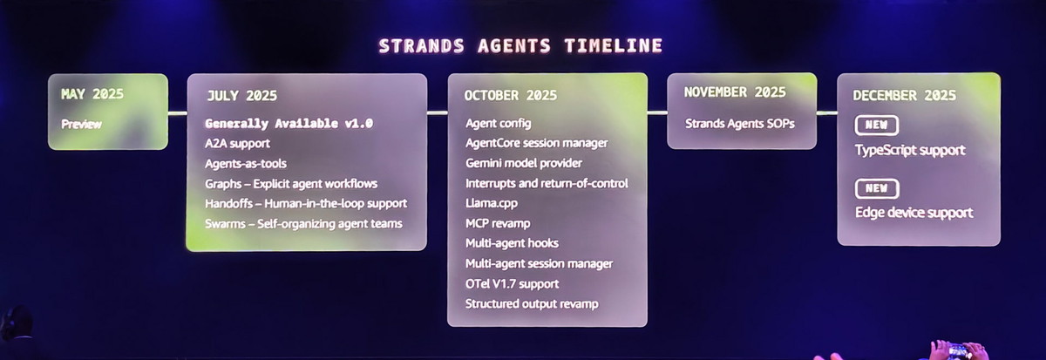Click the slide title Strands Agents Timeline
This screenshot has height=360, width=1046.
click(x=520, y=46)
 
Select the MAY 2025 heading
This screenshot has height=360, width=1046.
click(x=92, y=93)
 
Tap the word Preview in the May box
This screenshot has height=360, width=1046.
click(x=81, y=124)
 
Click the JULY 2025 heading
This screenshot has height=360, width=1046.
click(x=241, y=95)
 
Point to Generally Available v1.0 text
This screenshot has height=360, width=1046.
click(x=289, y=123)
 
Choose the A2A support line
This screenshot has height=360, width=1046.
click(x=237, y=143)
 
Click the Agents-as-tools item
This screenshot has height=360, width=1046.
click(x=246, y=163)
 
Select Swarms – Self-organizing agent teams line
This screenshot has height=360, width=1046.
click(x=303, y=223)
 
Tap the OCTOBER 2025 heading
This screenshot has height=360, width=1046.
click(x=511, y=95)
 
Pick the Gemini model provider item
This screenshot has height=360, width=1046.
click(x=524, y=163)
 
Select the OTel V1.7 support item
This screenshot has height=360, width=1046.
click(x=512, y=283)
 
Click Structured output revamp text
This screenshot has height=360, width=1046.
click(x=532, y=303)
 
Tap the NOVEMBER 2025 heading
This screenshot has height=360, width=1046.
click(x=735, y=92)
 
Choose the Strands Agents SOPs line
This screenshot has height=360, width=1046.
click(x=739, y=123)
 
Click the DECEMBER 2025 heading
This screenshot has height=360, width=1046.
click(x=904, y=95)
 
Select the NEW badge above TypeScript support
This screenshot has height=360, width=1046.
click(x=876, y=126)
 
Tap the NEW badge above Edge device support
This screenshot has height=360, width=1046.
click(x=876, y=188)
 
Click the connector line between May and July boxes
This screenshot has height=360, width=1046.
click(x=178, y=112)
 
